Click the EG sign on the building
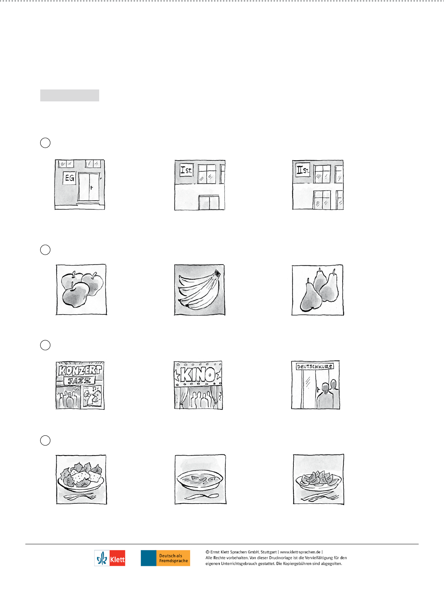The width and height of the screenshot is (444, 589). pos(69,178)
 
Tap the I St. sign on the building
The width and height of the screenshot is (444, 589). pos(186,170)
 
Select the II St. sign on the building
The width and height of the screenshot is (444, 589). pos(303,170)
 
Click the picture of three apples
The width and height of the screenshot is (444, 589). pos(81,290)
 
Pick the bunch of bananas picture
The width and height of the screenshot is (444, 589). pos(199,290)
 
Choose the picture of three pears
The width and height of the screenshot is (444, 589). pos(318,290)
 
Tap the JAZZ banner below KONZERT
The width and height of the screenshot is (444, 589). pos(79,381)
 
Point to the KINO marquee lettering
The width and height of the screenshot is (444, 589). pos(198,374)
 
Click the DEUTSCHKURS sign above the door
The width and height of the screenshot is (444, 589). pos(315,366)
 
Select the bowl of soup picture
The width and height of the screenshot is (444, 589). pos(201,479)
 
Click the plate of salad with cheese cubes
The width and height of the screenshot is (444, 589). pos(81,479)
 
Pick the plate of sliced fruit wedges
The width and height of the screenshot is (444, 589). pos(318,479)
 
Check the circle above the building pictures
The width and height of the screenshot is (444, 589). pos(45,143)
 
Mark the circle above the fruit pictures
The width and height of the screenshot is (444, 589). pos(45,250)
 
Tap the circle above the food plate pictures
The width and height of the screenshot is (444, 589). pos(45,440)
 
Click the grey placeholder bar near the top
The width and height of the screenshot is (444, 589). pos(70,95)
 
